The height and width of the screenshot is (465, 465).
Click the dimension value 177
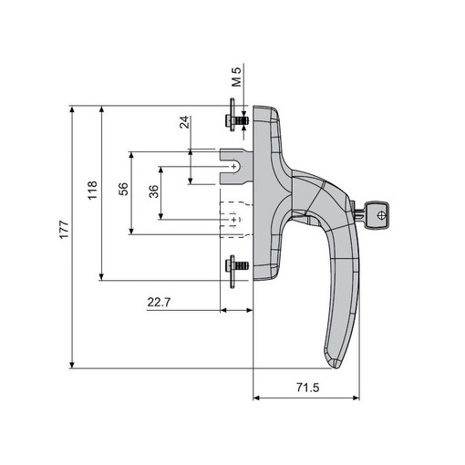coord(64,230)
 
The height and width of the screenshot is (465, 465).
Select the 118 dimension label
coord(92,191)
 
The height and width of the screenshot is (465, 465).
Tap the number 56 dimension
coord(123,189)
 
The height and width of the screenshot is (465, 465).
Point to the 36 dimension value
coord(154,191)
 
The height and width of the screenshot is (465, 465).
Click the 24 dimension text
coord(184,122)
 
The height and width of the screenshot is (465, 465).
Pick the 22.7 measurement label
coord(159,302)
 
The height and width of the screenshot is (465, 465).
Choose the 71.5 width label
coord(307,387)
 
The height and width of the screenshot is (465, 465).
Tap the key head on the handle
coord(377,215)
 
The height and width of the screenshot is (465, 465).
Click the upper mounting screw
coord(236,119)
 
